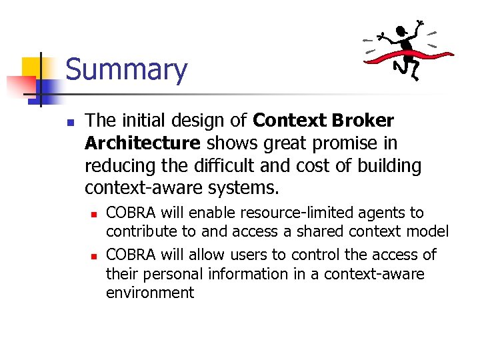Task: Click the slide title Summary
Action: (126, 70)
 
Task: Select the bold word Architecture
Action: (143, 143)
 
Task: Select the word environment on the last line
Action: (150, 293)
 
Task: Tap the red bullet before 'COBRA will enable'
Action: (95, 215)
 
